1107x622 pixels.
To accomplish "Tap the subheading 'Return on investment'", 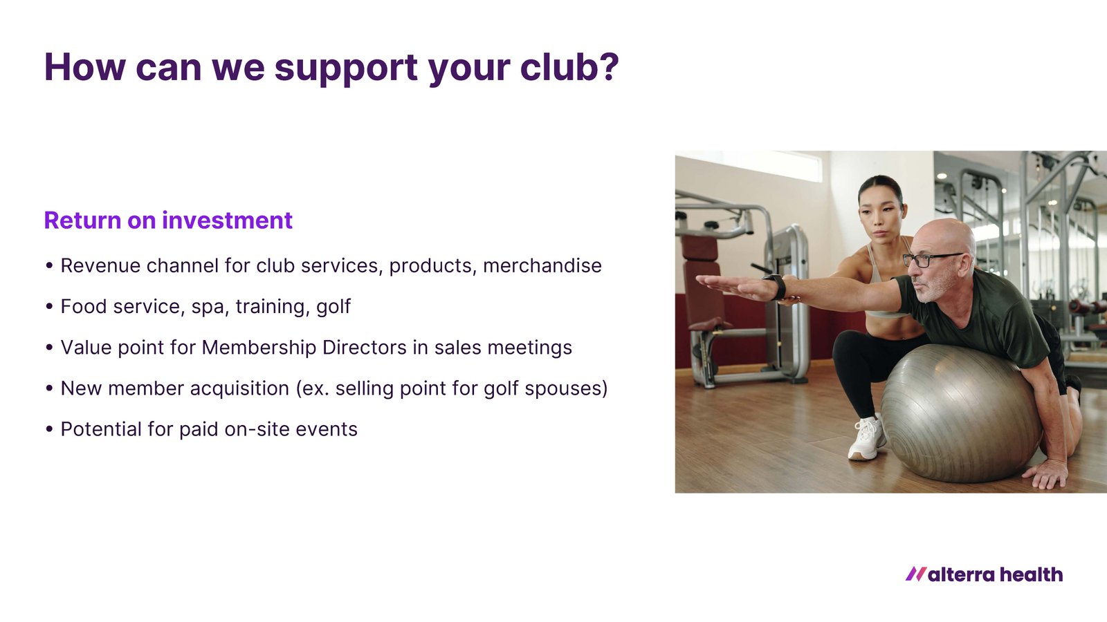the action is (168, 220).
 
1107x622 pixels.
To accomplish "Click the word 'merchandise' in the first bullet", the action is (542, 265).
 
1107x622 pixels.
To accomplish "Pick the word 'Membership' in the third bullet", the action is (259, 348).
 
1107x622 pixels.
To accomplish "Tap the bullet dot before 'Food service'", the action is (49, 307).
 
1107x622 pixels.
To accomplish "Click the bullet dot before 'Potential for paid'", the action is (49, 429).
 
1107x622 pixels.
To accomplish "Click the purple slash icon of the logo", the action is (916, 574).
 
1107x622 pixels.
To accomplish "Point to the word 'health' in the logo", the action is (1031, 574).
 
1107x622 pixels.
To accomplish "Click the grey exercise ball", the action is (961, 413).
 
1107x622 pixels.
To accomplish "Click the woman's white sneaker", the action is (866, 437).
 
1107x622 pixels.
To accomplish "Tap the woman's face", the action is (880, 220).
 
